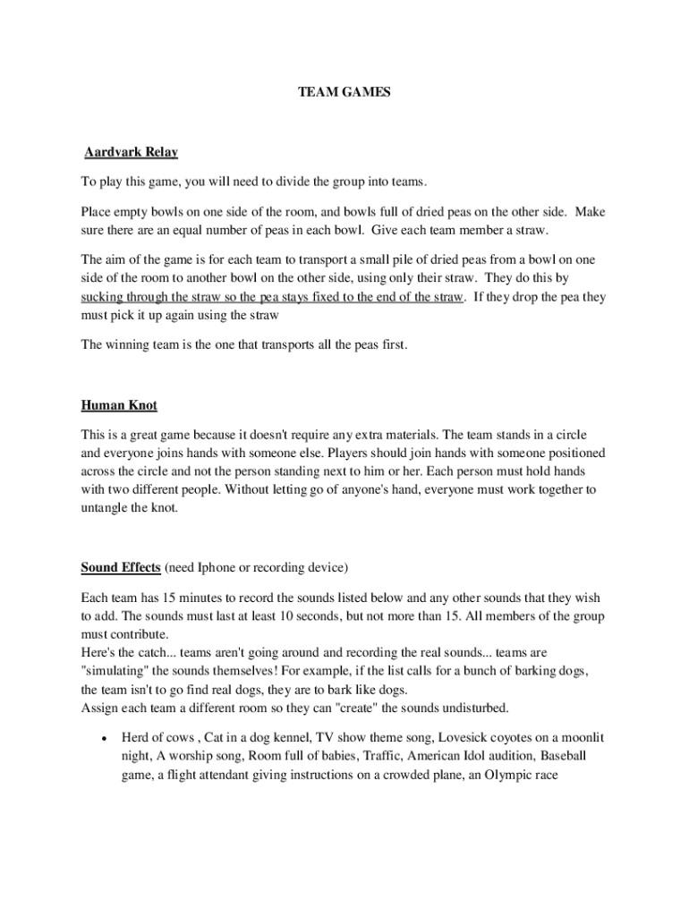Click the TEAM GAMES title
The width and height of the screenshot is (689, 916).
click(344, 91)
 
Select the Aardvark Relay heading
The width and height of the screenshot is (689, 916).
click(131, 152)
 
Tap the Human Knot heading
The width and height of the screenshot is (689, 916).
click(119, 405)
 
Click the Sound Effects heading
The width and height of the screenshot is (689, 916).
click(121, 567)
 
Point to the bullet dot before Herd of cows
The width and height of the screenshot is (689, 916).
click(105, 739)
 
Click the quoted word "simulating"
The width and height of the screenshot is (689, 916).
click(115, 671)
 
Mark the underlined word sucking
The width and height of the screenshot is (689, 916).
click(101, 296)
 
